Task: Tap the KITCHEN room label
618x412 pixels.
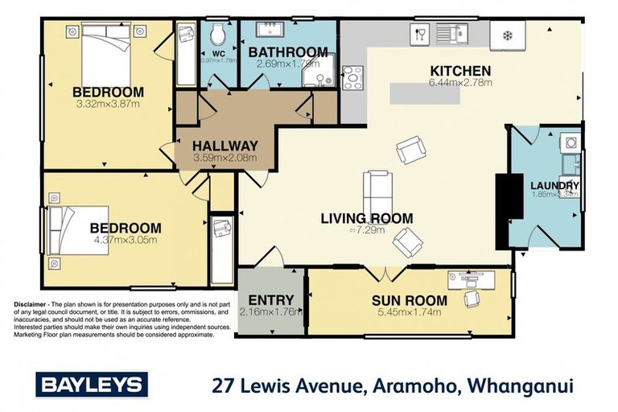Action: [x=459, y=72]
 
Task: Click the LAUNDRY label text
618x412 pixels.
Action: [x=554, y=187]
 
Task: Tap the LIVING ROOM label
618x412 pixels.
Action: [x=366, y=218]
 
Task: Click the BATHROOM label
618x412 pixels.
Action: [x=288, y=53]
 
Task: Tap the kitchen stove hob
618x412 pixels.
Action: [x=352, y=78]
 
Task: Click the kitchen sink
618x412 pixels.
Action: [x=451, y=33]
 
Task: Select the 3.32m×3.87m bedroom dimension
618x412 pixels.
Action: [x=107, y=105]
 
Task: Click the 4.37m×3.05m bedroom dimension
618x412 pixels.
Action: [x=125, y=240]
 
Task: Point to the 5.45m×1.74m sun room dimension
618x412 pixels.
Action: [x=398, y=313]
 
